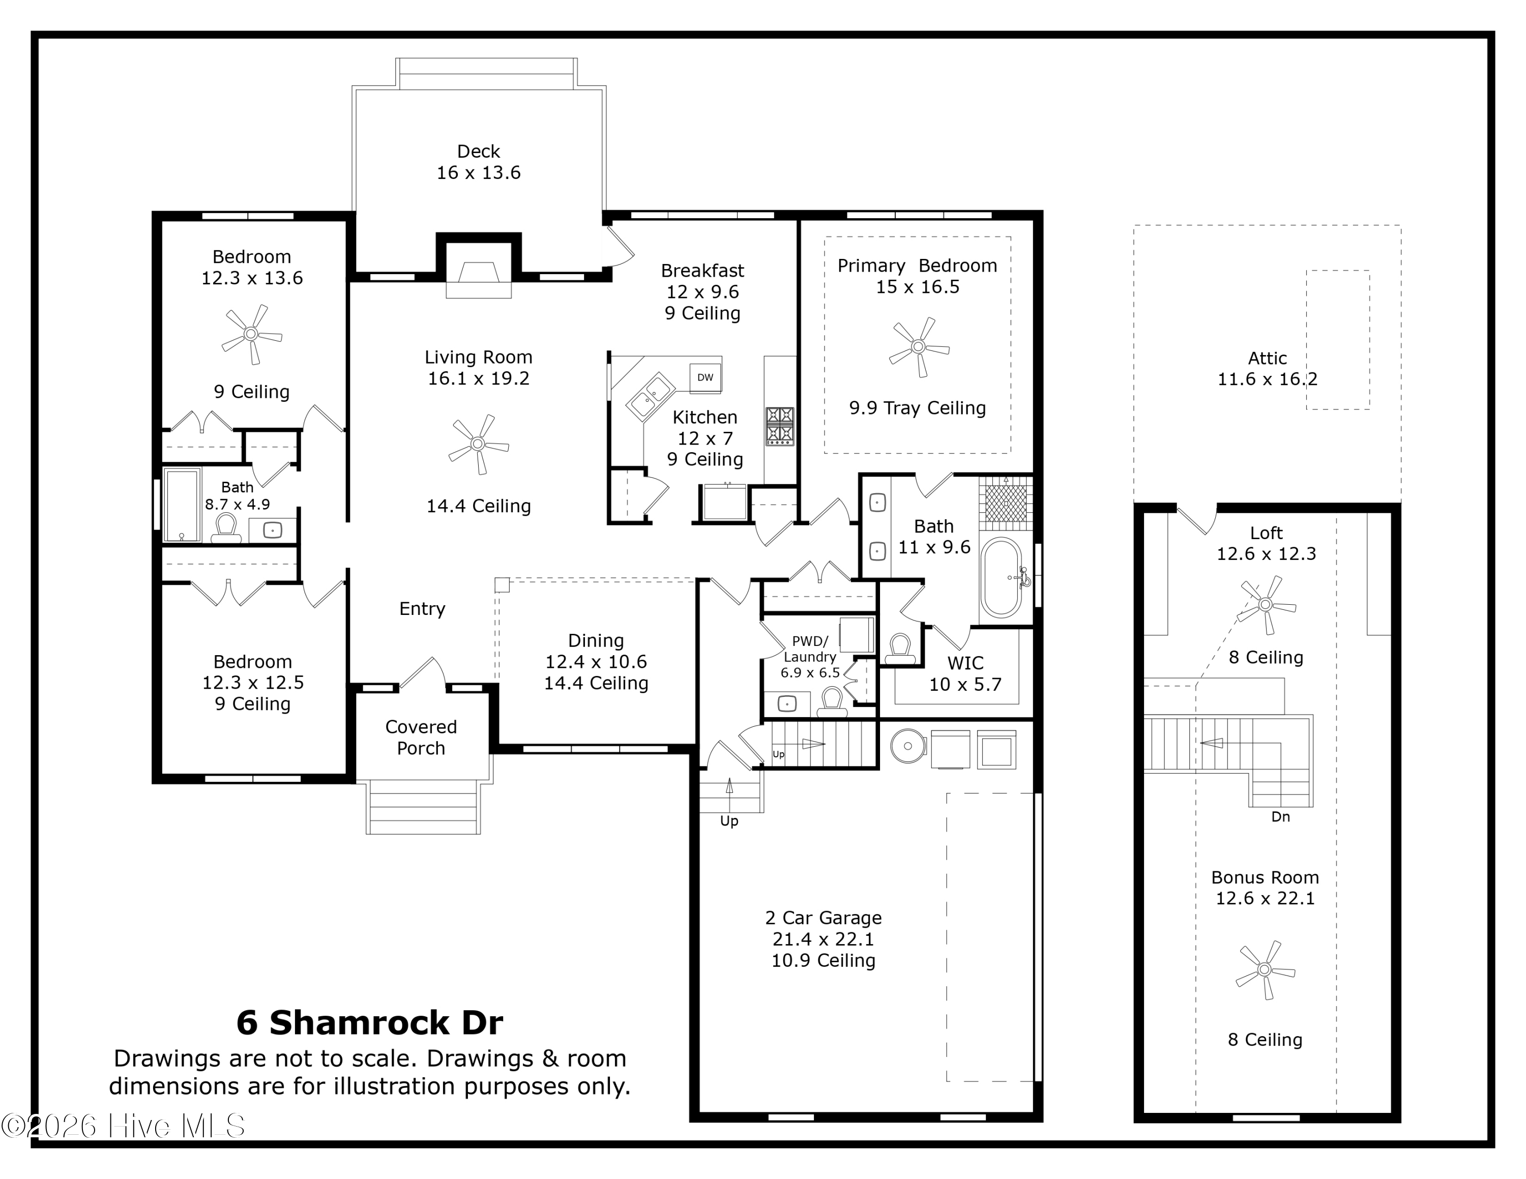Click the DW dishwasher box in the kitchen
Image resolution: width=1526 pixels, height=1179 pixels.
pyautogui.click(x=705, y=378)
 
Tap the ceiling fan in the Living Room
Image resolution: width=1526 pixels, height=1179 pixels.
pyautogui.click(x=479, y=444)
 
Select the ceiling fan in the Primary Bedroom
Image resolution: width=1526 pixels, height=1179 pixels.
pyautogui.click(x=919, y=347)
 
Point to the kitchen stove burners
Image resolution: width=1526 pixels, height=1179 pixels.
pyautogui.click(x=780, y=426)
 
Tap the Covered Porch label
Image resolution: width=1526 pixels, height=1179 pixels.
pyautogui.click(x=421, y=738)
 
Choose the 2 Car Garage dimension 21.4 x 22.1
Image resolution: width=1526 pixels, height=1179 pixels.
pyautogui.click(x=823, y=939)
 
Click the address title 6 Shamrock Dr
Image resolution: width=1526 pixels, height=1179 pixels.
pyautogui.click(x=370, y=1022)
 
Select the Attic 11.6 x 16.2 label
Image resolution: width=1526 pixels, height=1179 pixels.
pyautogui.click(x=1268, y=369)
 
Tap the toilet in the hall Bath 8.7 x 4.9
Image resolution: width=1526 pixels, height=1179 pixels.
pyautogui.click(x=226, y=528)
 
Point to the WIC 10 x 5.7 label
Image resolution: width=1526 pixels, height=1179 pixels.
pyautogui.click(x=965, y=673)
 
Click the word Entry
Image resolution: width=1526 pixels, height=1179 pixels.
pyautogui.click(x=422, y=609)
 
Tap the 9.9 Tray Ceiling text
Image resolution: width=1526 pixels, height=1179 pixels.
pyautogui.click(x=918, y=408)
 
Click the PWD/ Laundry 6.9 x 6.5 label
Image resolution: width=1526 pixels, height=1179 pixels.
pyautogui.click(x=810, y=657)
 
